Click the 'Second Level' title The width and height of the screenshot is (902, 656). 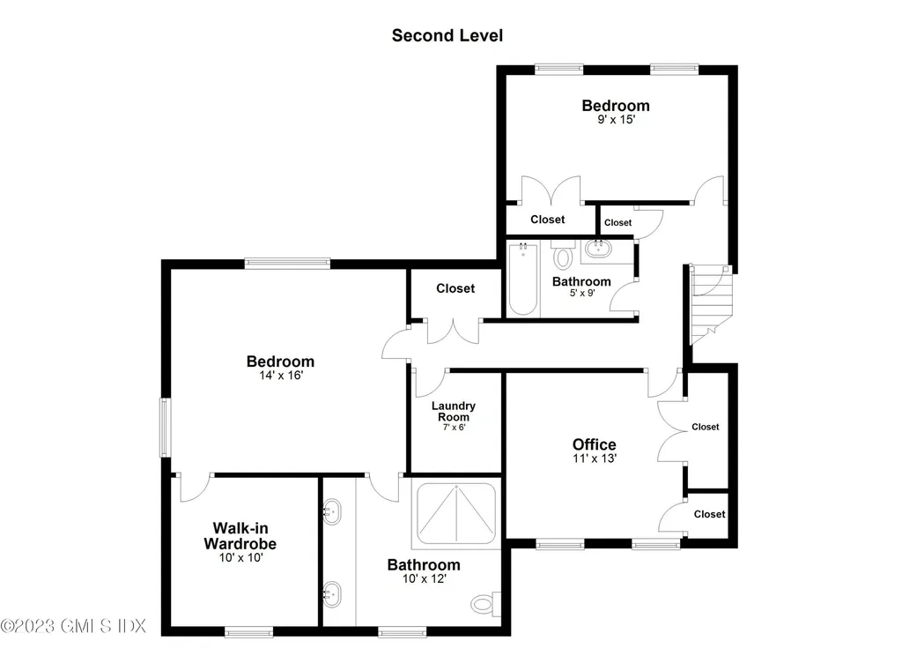tap(447, 36)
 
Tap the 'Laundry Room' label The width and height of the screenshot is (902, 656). tap(454, 411)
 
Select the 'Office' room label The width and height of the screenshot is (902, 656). tap(595, 444)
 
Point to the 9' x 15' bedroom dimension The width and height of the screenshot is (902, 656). tap(616, 119)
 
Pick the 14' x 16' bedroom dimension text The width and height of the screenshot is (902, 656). tap(280, 375)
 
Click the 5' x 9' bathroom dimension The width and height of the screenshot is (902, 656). tap(580, 294)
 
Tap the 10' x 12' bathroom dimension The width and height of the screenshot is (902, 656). tap(424, 578)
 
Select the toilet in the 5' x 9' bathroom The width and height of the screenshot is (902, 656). tap(563, 257)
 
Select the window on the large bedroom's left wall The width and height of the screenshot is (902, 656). tap(164, 427)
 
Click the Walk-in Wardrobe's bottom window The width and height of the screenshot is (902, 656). tap(243, 630)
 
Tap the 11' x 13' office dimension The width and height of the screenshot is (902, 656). tap(595, 458)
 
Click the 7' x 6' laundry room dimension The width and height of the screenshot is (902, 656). tap(454, 427)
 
